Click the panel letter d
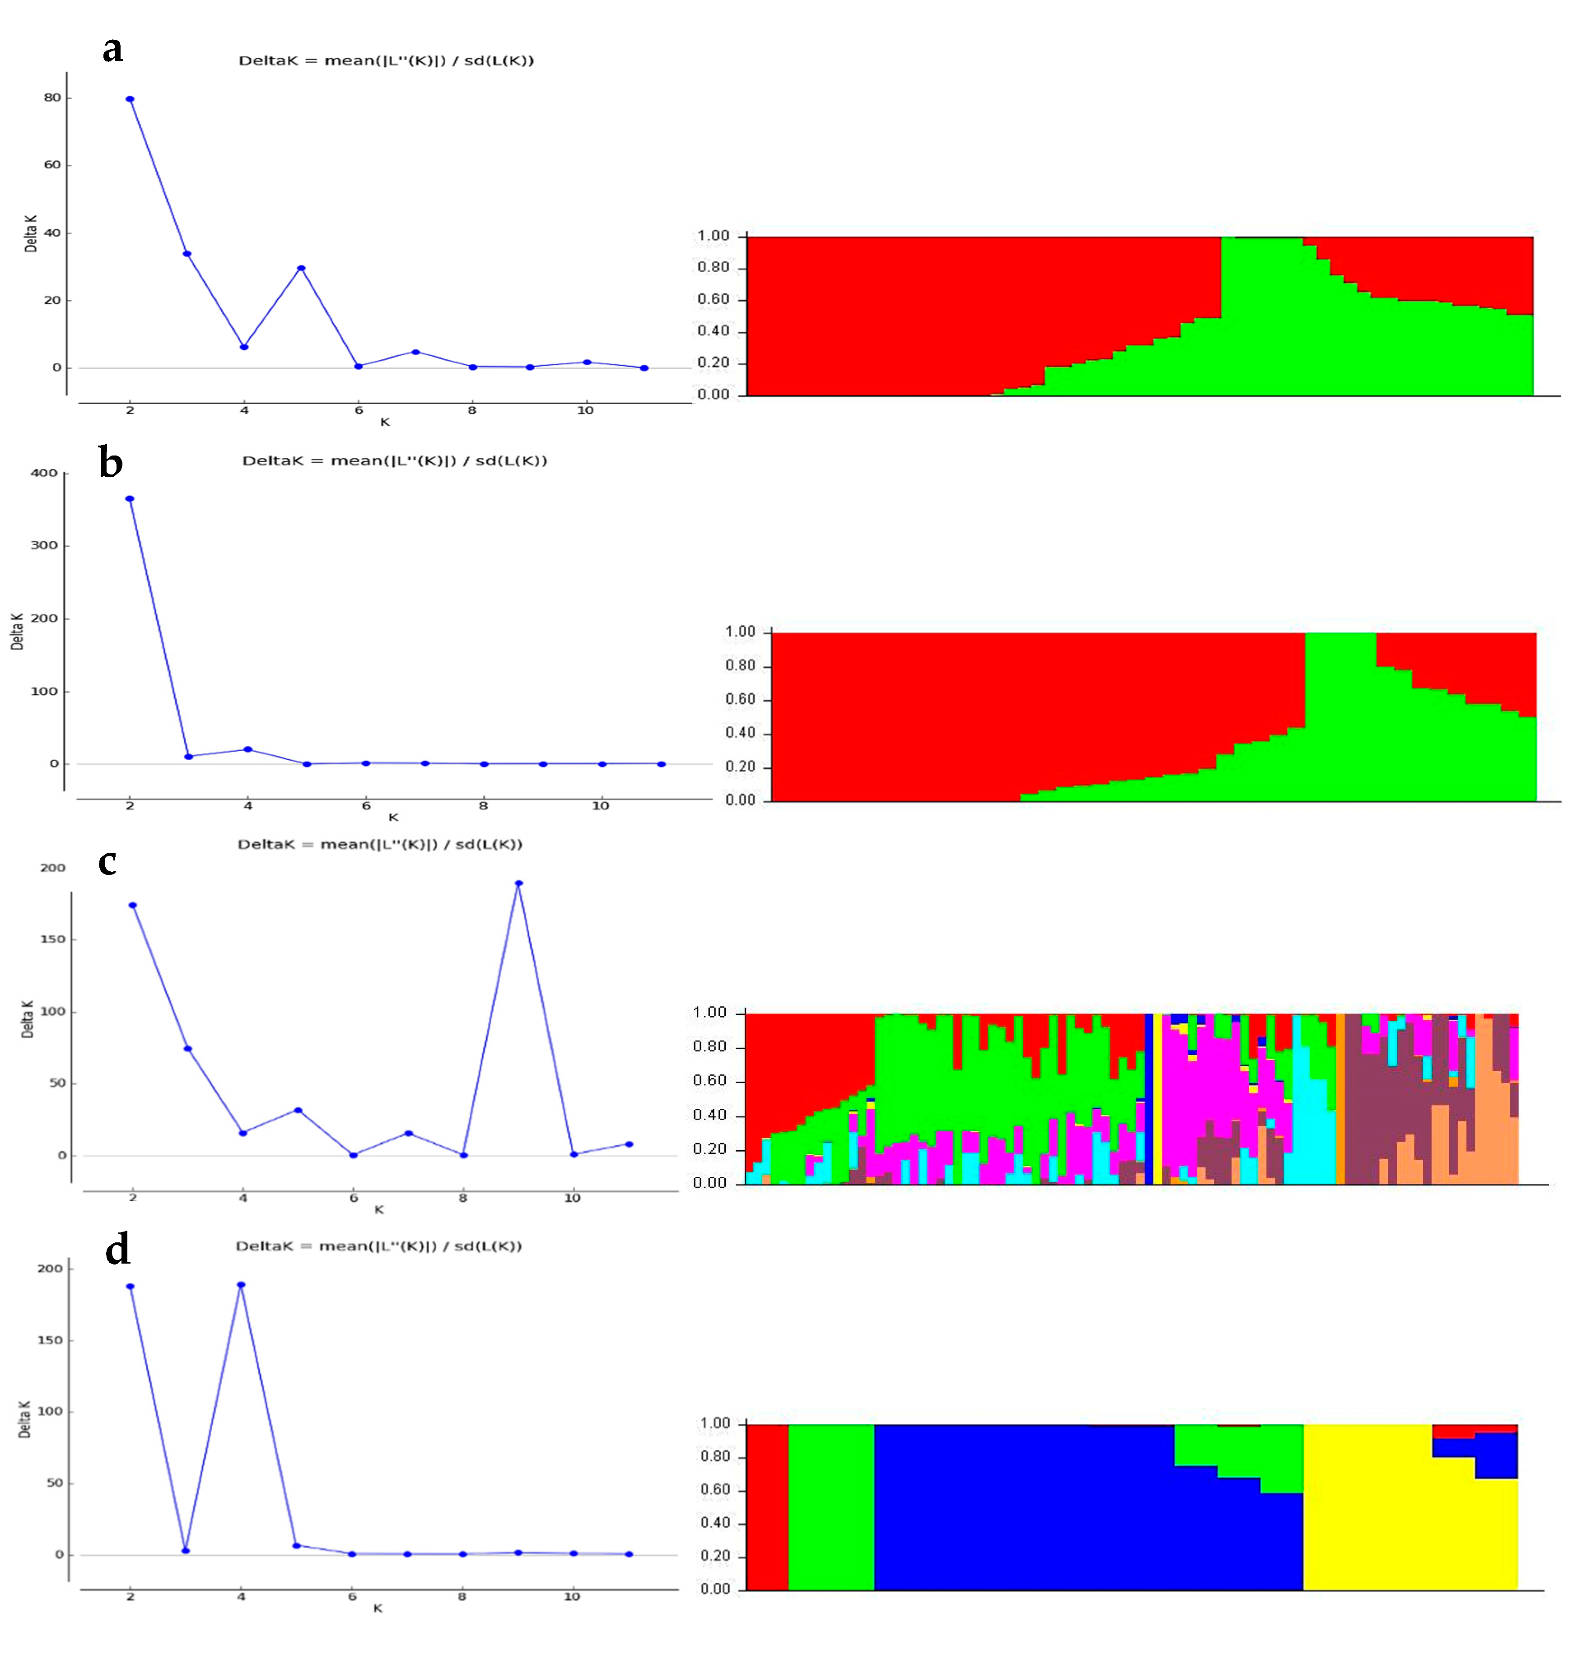[117, 1250]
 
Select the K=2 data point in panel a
[130, 99]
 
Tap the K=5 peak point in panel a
[301, 268]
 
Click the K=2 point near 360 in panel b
[130, 498]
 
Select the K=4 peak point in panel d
[241, 1284]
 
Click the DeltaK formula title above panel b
[394, 460]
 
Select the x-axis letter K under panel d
[378, 1608]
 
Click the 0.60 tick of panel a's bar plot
[713, 299]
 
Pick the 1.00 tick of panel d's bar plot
[715, 1423]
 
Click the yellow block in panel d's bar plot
[1366, 1507]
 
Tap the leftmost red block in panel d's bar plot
[767, 1507]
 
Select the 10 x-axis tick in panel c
[572, 1198]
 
